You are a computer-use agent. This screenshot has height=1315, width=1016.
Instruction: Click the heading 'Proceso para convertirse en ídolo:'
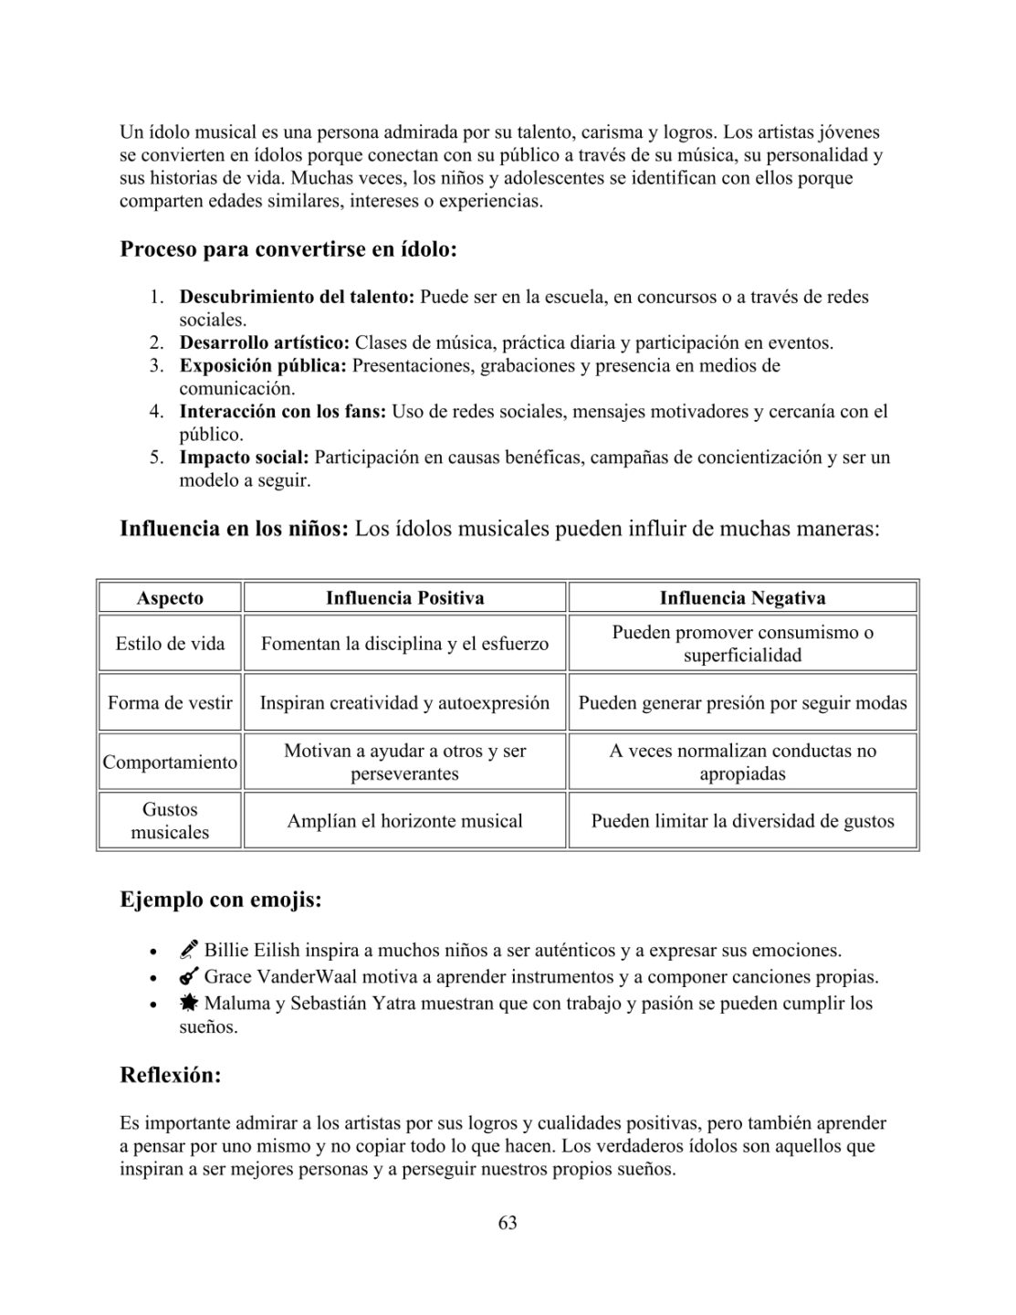coord(288,249)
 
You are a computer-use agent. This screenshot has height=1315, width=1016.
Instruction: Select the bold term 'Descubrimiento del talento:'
coord(297,297)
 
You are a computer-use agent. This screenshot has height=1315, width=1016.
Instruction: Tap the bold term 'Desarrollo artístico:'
coord(265,343)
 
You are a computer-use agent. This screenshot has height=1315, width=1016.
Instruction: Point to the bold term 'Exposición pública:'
coord(263,366)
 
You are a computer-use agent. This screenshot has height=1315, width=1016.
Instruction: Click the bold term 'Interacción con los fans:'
coord(283,412)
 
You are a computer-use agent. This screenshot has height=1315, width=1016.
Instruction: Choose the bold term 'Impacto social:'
coord(244,458)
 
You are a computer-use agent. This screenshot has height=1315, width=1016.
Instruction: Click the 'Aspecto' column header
coord(170,598)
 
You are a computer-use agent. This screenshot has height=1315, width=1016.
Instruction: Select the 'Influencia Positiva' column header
coord(404,598)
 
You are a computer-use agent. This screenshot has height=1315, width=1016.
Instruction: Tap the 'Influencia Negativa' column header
coord(742,598)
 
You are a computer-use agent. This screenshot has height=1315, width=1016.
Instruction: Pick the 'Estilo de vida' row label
coord(170,644)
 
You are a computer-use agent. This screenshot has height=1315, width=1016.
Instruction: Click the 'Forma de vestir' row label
coord(170,703)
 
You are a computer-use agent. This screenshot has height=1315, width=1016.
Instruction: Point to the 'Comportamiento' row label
coord(170,762)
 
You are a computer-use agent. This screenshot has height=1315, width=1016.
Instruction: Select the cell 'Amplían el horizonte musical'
coord(404,821)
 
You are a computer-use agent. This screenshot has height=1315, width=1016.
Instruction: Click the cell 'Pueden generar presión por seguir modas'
coord(742,703)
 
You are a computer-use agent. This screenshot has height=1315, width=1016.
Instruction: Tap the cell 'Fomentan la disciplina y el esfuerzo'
coord(404,644)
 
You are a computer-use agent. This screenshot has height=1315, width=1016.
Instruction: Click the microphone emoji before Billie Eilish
coord(189,951)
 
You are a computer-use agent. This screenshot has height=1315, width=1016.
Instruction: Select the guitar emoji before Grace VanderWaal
coord(189,977)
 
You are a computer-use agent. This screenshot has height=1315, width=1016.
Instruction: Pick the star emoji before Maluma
coord(189,1004)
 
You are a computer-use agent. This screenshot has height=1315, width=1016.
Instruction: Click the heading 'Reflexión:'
coord(171,1076)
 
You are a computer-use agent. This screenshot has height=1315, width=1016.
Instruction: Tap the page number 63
coord(508,1223)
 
